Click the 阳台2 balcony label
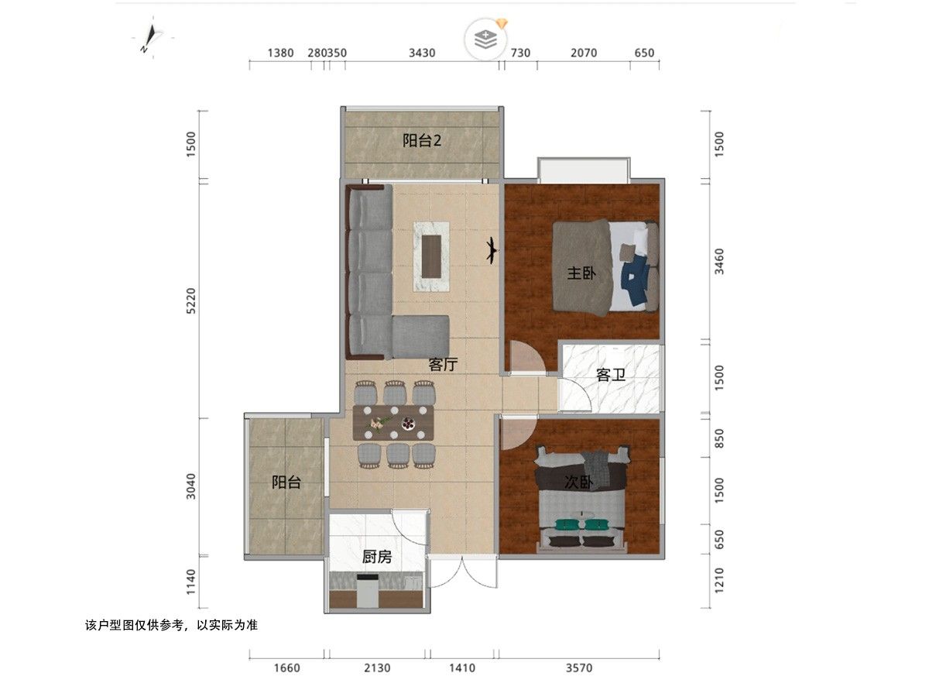(422, 140)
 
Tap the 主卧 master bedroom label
(581, 273)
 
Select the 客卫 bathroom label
(610, 375)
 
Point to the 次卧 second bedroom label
(578, 482)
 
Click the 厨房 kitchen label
(377, 557)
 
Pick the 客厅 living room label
(443, 364)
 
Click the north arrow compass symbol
(150, 38)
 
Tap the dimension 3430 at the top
(422, 53)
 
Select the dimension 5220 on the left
(191, 301)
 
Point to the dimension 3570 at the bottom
(579, 668)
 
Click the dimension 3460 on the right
(719, 262)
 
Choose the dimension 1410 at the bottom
(461, 668)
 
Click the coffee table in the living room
(431, 256)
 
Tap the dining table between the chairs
(393, 422)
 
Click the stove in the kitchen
(368, 589)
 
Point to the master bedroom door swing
(527, 357)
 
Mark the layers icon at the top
(486, 39)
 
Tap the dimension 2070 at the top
(584, 53)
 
